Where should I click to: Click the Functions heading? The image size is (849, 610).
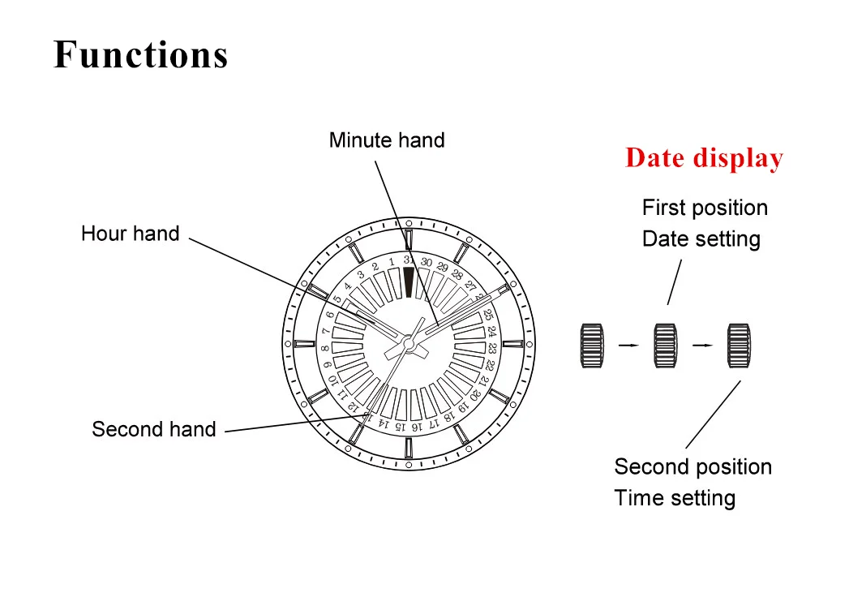tap(140, 55)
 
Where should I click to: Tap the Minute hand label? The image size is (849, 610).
tap(387, 140)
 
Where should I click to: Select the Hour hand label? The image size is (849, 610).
tap(130, 234)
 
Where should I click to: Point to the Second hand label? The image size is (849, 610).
tap(153, 429)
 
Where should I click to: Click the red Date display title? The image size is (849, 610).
tap(704, 158)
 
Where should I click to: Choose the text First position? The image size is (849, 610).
tap(705, 208)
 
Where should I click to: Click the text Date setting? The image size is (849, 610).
tap(701, 239)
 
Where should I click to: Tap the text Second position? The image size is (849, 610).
tap(692, 467)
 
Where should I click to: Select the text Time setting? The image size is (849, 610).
tap(675, 498)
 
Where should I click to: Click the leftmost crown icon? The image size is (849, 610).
tap(593, 346)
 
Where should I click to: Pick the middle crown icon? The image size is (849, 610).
tap(666, 346)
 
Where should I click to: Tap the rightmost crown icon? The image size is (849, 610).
tap(738, 346)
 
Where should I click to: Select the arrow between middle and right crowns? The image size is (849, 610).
tap(702, 346)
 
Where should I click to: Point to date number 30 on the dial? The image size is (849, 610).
tap(427, 262)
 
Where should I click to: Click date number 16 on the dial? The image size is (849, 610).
tap(417, 425)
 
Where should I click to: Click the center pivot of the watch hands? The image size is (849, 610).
tap(410, 345)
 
